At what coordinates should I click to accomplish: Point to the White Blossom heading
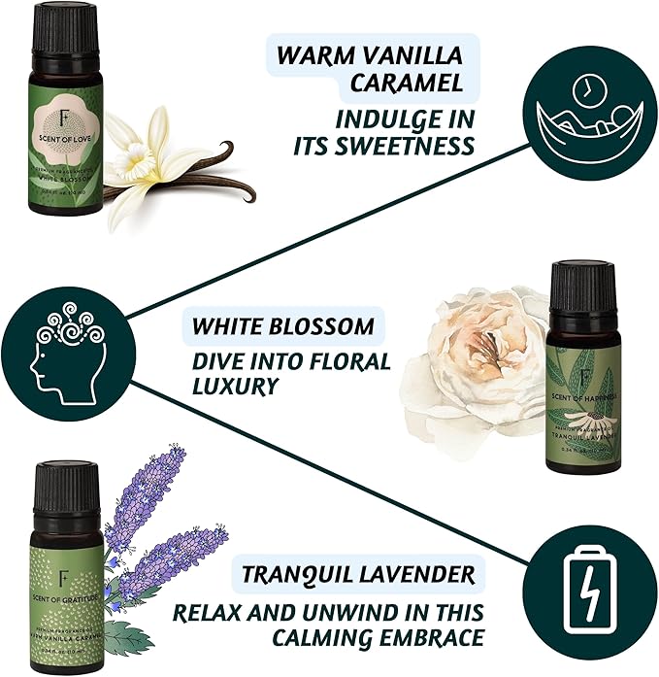282,323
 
